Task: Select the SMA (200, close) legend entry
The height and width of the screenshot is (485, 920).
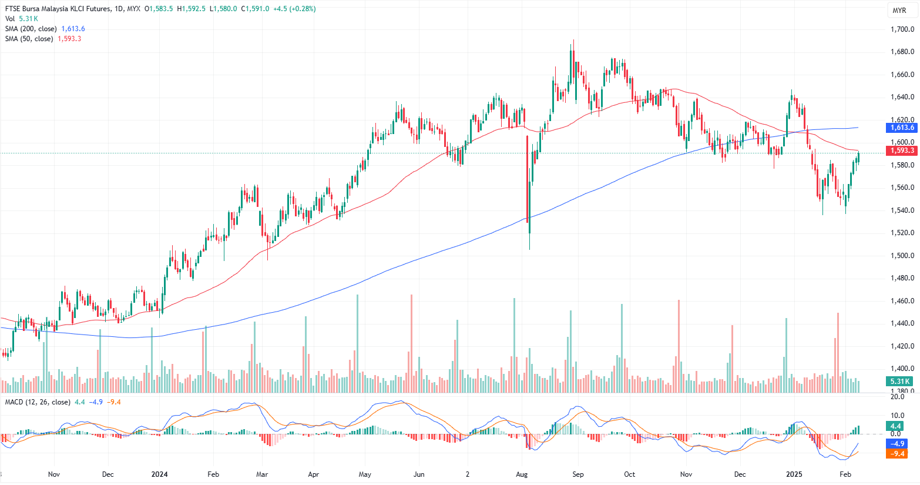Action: coord(31,29)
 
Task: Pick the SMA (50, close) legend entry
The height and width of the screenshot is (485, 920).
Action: coord(29,39)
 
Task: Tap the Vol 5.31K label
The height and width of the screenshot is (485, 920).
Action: coord(21,19)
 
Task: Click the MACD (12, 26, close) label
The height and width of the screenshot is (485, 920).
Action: coord(38,402)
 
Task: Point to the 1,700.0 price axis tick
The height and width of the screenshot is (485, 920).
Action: coord(902,29)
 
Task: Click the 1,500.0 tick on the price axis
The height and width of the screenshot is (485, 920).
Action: coord(902,256)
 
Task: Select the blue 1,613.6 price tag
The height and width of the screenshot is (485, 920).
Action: coord(902,128)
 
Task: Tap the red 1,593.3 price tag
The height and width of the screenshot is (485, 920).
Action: coord(902,150)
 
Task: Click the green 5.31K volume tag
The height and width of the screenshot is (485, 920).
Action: coord(899,382)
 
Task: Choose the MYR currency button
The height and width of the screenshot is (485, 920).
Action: coord(899,11)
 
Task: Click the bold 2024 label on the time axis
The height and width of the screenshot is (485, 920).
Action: coord(159,474)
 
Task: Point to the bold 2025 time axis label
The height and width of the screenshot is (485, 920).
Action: coord(794,474)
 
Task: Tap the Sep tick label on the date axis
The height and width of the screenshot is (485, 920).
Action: coord(578,474)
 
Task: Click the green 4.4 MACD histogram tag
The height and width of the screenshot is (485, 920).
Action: coord(896,426)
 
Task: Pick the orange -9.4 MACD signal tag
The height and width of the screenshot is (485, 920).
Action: coord(897,453)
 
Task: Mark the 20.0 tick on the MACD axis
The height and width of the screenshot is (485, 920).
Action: coord(897,397)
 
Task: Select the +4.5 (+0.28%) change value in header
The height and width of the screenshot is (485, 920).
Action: coord(294,9)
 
